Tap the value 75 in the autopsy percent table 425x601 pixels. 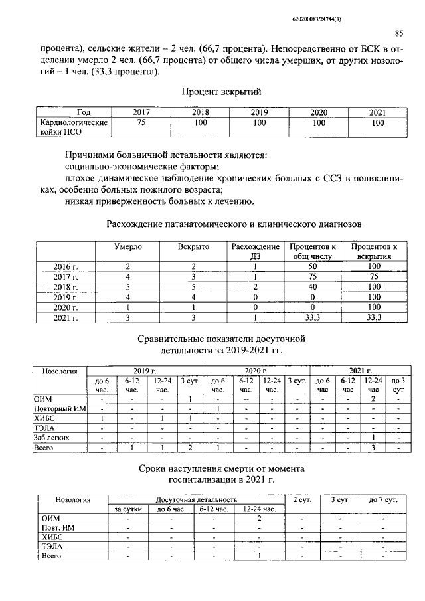pos(141,123)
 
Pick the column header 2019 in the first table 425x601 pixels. pos(259,112)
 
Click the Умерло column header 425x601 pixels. pos(127,246)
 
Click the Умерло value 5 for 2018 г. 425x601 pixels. pos(127,287)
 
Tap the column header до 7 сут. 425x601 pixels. pos(383,499)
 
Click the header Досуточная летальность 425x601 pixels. pos(192,499)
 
